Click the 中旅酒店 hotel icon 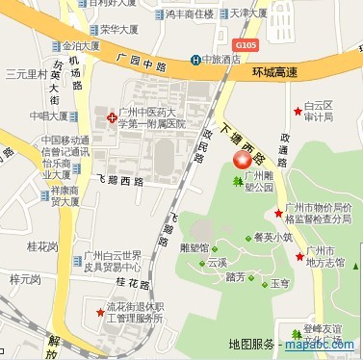pyautogui.click(x=196, y=60)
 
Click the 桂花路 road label pyautogui.click(x=134, y=282)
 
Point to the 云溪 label pyautogui.click(x=217, y=261)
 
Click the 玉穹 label pyautogui.click(x=280, y=284)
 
